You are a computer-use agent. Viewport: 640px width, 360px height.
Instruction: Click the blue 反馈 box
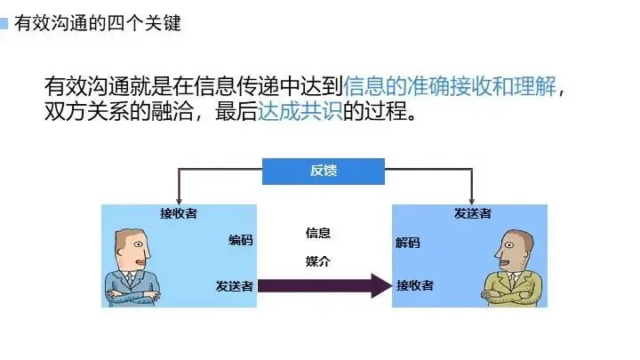[323, 171]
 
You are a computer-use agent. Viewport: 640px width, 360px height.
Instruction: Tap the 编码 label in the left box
[240, 240]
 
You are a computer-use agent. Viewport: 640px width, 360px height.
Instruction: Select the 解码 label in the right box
[408, 243]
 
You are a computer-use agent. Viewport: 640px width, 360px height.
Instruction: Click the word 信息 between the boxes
[318, 233]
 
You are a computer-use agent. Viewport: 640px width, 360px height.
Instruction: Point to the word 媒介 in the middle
[318, 261]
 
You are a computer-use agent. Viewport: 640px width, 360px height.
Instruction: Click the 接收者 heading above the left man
[179, 213]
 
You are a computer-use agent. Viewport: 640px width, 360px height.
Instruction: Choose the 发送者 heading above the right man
[473, 213]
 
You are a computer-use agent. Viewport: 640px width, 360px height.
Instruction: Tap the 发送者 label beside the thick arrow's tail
[235, 285]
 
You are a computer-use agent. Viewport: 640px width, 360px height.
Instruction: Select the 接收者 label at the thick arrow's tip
[415, 285]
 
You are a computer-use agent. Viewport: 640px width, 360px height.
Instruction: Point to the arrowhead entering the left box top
[179, 200]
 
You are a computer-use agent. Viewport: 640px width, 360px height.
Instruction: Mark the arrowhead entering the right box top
[472, 200]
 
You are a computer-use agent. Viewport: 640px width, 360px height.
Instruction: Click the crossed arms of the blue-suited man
[132, 292]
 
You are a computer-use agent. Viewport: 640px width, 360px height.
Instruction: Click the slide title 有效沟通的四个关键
[98, 23]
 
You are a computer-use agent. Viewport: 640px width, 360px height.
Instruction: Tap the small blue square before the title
[4, 23]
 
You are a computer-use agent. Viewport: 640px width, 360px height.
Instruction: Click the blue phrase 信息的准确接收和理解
[452, 86]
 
